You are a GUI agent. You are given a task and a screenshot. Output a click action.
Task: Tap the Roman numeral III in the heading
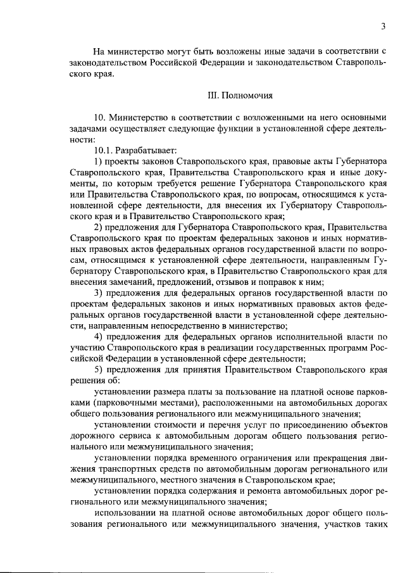212,96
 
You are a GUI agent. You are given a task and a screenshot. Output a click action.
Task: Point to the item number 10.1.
103,150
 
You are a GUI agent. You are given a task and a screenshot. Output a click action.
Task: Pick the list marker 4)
98,337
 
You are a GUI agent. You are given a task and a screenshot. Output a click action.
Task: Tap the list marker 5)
98,369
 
